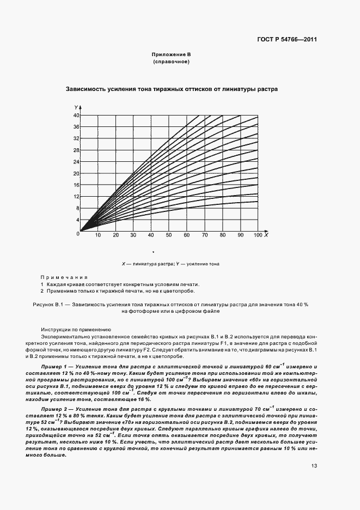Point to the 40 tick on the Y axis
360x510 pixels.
(x=77, y=116)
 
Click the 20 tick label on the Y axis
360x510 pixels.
(x=77, y=173)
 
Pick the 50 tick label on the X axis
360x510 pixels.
(x=169, y=235)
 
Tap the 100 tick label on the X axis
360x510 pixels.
(x=257, y=235)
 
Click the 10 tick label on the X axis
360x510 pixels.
(x=98, y=235)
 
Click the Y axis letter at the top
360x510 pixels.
(x=77, y=108)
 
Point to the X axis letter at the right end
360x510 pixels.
(x=265, y=235)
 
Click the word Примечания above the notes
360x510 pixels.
(x=64, y=277)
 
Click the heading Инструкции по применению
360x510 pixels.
(x=76, y=330)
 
